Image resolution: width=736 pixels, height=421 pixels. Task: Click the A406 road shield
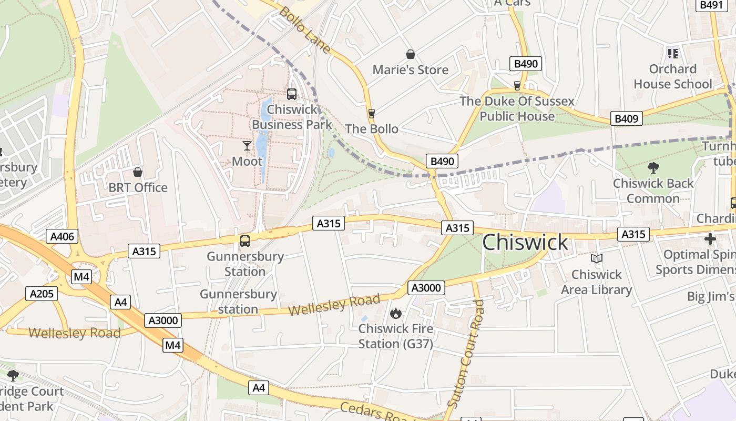[x=63, y=237]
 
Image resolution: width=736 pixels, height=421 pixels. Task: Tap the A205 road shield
[x=42, y=294]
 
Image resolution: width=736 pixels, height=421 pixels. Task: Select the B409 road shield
[x=626, y=118]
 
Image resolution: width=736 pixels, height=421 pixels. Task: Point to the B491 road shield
[x=711, y=5]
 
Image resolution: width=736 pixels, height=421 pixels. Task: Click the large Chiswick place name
[x=525, y=242]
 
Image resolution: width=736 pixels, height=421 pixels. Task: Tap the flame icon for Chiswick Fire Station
[x=395, y=314]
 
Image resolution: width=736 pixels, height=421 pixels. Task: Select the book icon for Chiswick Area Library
[x=596, y=259]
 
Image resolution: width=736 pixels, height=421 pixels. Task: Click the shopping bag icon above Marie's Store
[x=410, y=54]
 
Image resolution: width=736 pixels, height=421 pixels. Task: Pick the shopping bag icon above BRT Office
[x=138, y=172]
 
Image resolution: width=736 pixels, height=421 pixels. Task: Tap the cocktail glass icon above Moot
[x=247, y=146]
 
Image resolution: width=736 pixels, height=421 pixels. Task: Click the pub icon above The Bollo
[x=372, y=113]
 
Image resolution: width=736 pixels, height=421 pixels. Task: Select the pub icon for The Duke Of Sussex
[x=517, y=85]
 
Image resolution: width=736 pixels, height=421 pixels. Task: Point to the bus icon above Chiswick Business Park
[x=292, y=94]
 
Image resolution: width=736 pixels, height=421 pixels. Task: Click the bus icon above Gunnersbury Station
[x=245, y=241]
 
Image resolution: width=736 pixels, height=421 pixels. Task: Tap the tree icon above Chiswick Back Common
[x=653, y=168]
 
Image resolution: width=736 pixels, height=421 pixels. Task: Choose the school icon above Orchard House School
[x=672, y=54]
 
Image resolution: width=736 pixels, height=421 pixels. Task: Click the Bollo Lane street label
[x=305, y=30]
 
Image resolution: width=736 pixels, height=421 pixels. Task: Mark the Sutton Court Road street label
[x=465, y=353]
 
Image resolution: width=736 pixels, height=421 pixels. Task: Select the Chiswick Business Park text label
[x=292, y=117]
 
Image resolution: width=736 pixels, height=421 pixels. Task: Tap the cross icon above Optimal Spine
[x=710, y=239]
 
